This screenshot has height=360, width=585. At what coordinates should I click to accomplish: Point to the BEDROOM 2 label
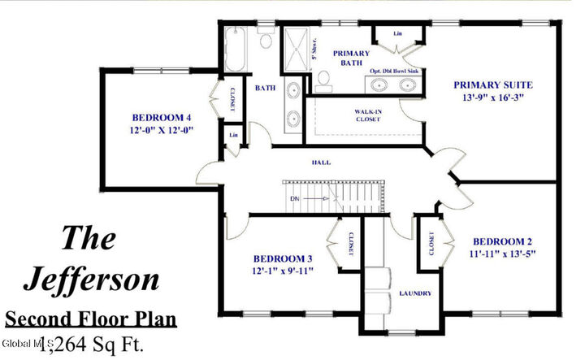click(503, 241)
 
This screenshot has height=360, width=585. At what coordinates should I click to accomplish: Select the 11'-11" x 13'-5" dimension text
click(503, 254)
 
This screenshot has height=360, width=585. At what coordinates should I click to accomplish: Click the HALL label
click(322, 163)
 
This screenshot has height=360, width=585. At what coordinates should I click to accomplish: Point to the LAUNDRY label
click(414, 293)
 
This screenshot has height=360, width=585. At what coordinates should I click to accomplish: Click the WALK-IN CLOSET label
click(368, 115)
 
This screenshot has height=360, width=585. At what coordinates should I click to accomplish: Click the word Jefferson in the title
click(91, 279)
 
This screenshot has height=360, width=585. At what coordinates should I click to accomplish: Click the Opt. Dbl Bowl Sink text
click(393, 71)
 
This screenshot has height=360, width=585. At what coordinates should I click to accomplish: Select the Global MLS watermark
click(25, 345)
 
